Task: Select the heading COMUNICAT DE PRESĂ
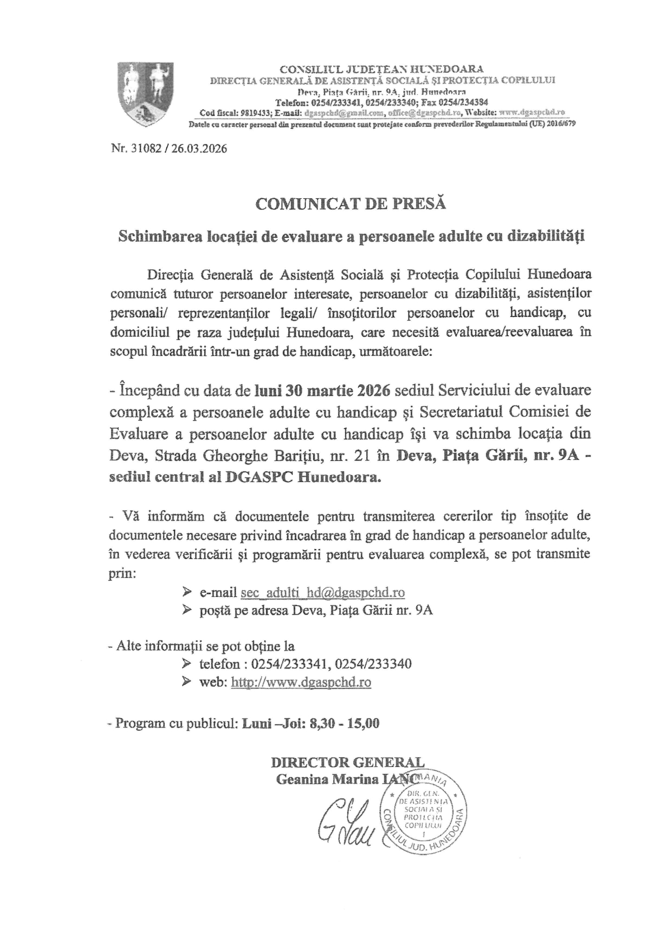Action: click(350, 204)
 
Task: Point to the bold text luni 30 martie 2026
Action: click(324, 390)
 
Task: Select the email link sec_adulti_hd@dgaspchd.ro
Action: click(322, 592)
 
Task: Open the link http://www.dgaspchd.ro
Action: click(301, 682)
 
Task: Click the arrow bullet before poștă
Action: click(187, 610)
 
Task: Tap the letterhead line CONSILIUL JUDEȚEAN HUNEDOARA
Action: click(382, 69)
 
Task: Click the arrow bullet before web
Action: click(187, 682)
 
